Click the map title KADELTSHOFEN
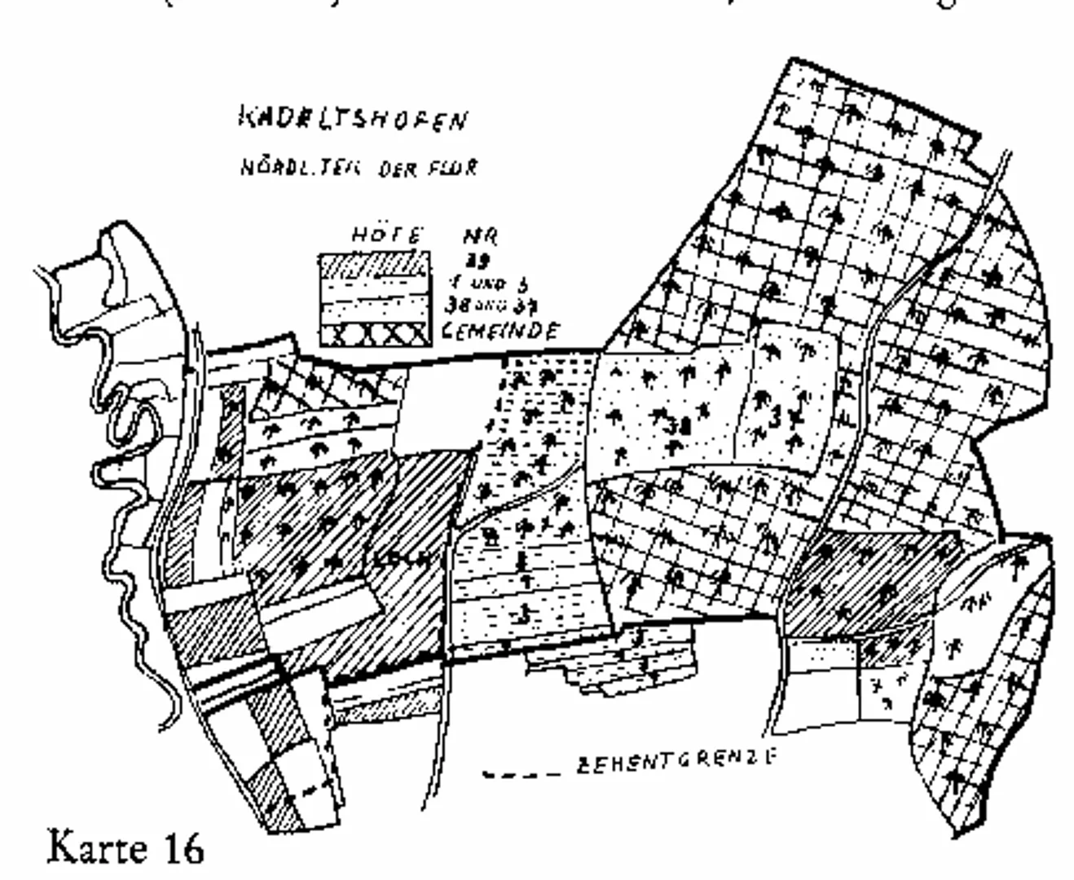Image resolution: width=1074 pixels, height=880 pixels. coord(353,119)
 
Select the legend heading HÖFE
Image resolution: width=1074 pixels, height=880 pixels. coord(388,235)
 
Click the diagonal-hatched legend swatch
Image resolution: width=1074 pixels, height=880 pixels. coord(372,266)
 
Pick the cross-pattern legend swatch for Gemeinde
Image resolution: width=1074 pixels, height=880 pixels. coord(372,334)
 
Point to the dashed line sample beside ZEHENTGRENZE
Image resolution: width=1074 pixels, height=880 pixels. coord(522,772)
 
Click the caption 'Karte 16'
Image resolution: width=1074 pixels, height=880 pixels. coord(126,847)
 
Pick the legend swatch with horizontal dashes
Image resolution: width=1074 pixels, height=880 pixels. coord(372,288)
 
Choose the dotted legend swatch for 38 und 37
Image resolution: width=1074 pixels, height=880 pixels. coord(372,310)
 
